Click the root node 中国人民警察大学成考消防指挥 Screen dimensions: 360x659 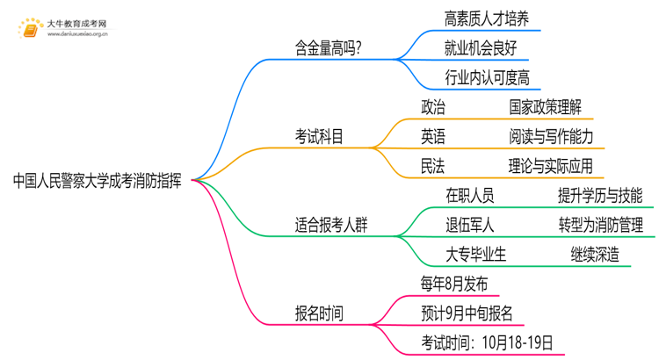pyautogui.click(x=98, y=182)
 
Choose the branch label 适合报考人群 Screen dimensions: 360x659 pyautogui.click(x=331, y=224)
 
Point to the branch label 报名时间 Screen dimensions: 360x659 pyautogui.click(x=319, y=313)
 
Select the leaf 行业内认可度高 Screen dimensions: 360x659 pyautogui.click(x=488, y=78)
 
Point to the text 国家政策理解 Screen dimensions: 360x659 pyautogui.click(x=545, y=107)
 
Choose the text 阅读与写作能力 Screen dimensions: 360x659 pyautogui.click(x=551, y=136)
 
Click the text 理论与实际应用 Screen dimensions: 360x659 pyautogui.click(x=551, y=166)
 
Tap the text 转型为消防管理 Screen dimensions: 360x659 pyautogui.click(x=601, y=224)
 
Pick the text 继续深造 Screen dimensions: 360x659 pyautogui.click(x=594, y=254)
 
